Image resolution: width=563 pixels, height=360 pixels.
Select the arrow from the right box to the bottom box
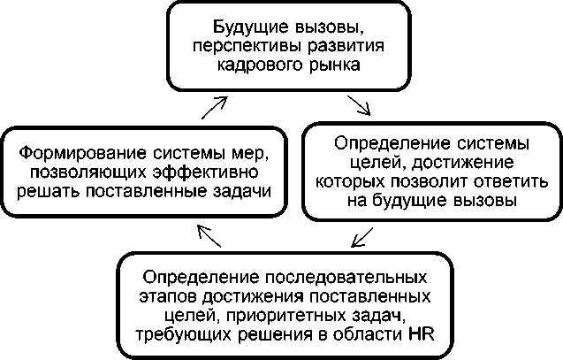click(x=361, y=237)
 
